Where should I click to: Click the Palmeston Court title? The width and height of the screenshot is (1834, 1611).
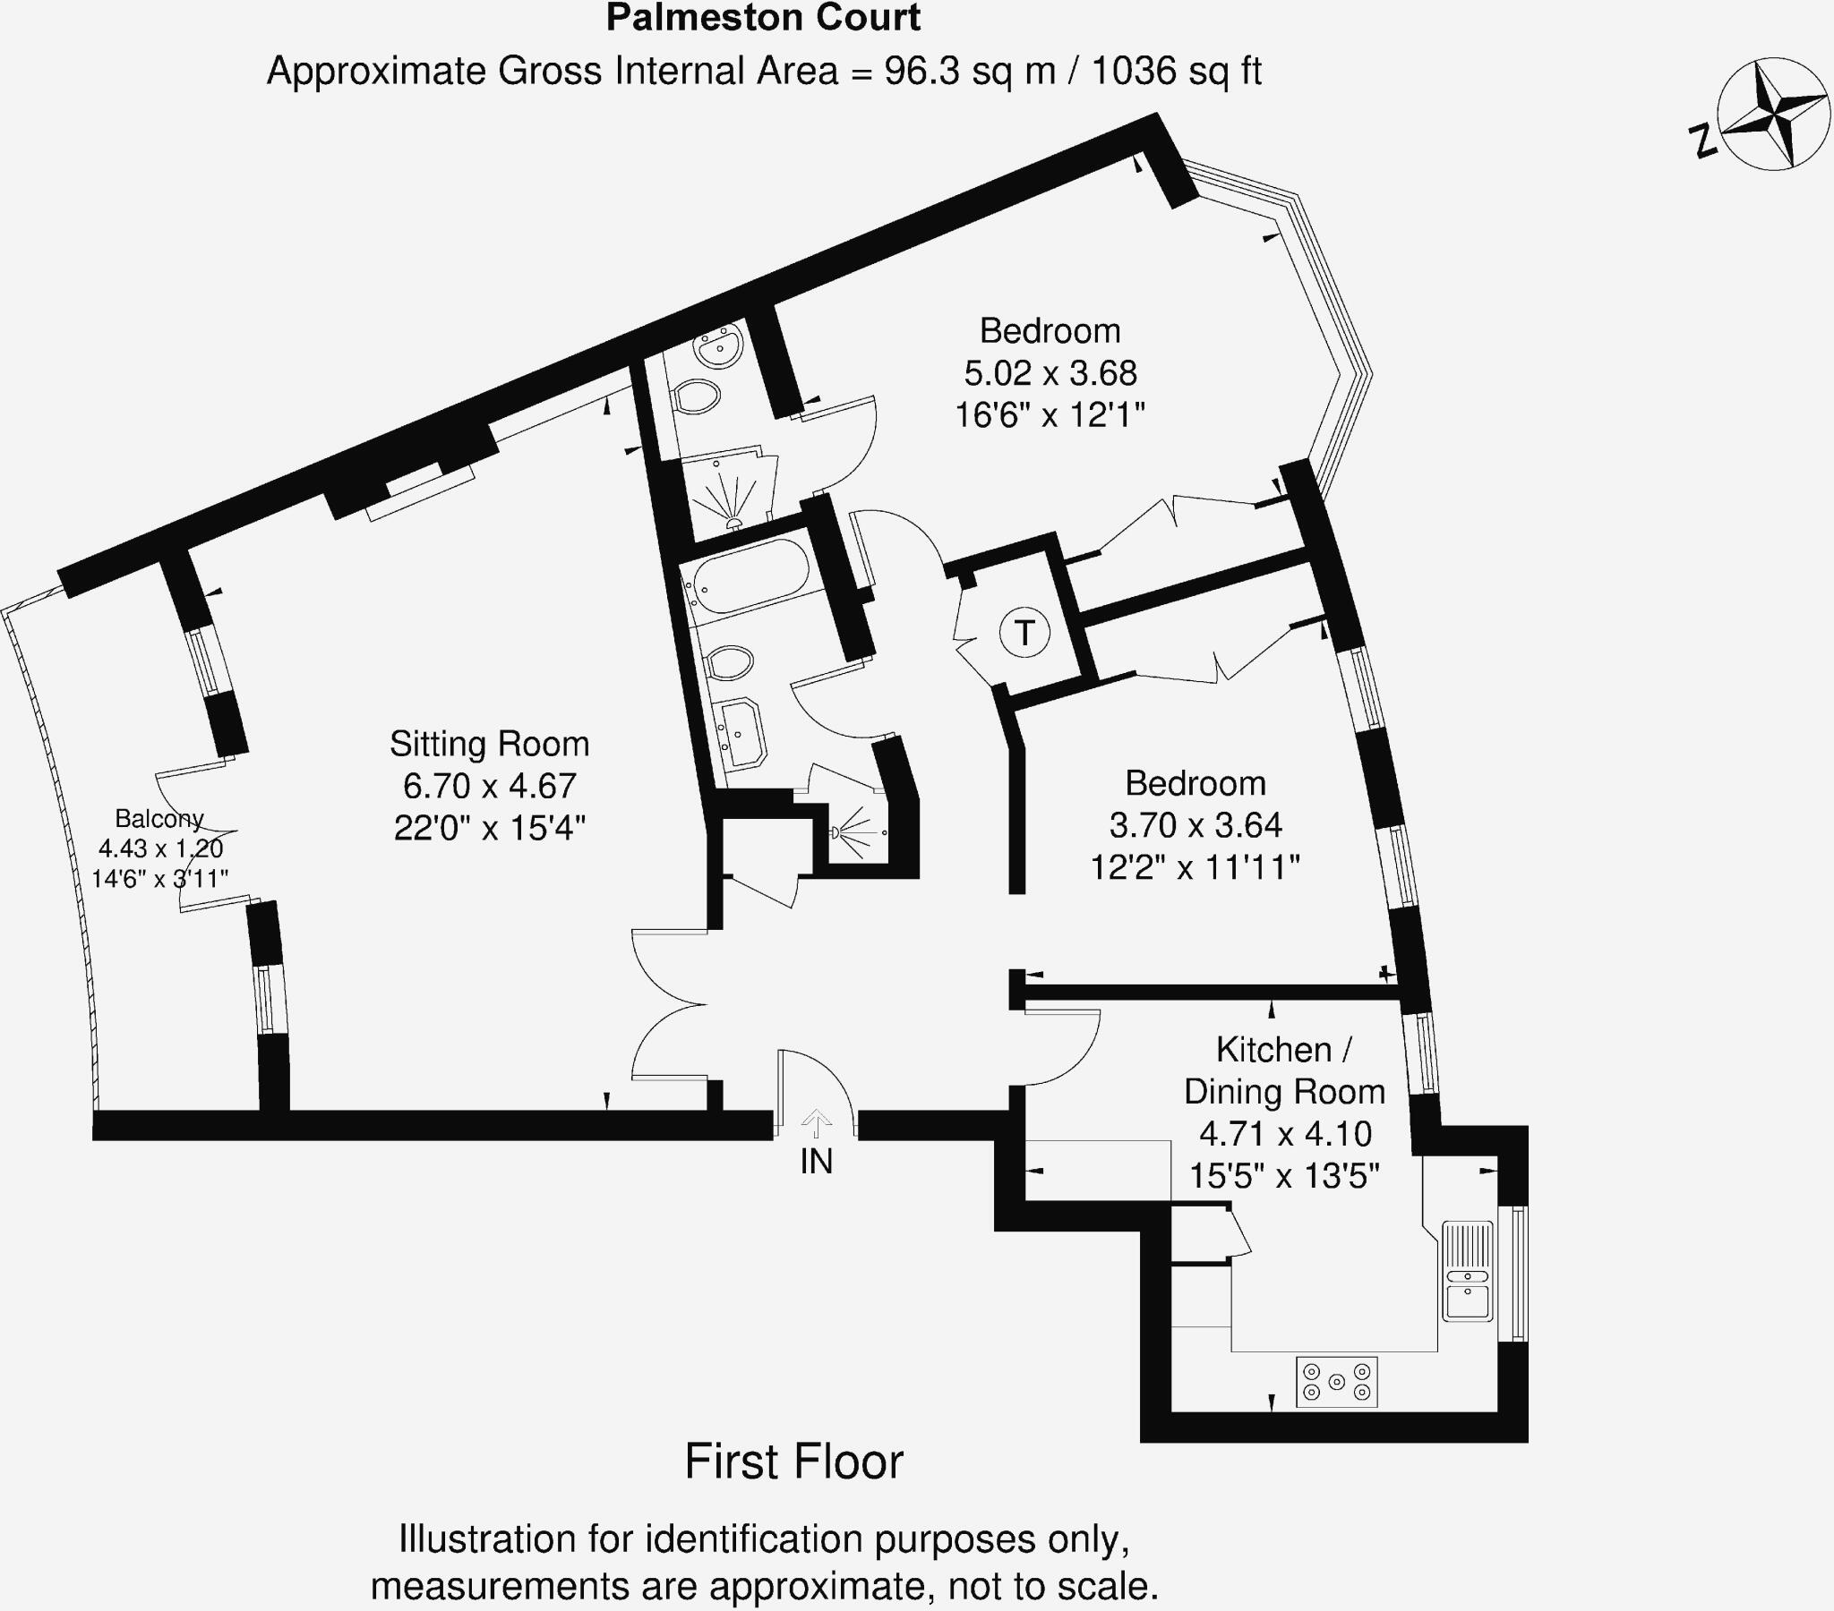764,18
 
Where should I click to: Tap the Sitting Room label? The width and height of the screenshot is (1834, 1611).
489,744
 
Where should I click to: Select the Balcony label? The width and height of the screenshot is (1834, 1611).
159,818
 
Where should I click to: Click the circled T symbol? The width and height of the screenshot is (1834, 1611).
1024,633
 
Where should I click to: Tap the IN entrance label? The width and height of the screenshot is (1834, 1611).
817,1162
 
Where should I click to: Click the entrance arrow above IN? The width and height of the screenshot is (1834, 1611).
817,1122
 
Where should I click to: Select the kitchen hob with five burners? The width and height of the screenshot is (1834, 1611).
1337,1382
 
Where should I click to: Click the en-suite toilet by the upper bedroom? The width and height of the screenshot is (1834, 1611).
698,396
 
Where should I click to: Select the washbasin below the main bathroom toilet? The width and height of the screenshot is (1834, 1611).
741,734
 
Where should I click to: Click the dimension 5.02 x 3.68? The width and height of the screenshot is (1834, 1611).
1050,373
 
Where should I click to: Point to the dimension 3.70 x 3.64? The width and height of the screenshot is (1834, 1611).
1196,824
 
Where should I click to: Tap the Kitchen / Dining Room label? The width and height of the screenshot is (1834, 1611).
1284,1070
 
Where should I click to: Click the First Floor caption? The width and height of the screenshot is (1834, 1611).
793,1462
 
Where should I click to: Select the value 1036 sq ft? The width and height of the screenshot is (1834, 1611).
1177,71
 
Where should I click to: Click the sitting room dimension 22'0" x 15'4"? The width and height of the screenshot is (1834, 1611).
489,827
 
